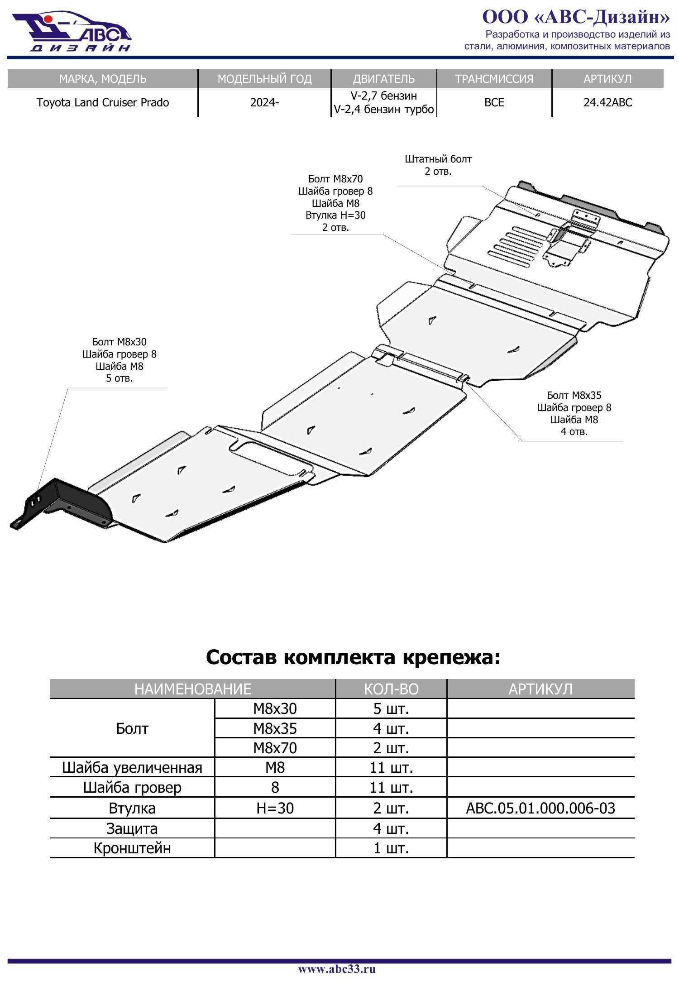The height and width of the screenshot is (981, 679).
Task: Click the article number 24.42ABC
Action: (x=607, y=102)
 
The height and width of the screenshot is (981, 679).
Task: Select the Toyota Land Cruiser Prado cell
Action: (x=103, y=102)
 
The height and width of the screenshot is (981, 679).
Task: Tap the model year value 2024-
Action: (x=264, y=102)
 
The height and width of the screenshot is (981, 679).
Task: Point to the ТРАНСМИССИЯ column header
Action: (x=494, y=79)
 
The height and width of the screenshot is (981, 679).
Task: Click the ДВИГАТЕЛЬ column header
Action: (x=384, y=79)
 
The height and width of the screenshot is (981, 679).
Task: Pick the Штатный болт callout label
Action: (x=438, y=159)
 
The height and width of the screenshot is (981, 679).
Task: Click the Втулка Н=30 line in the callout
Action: (x=335, y=215)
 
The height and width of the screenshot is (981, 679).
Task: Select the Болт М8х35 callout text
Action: (x=574, y=395)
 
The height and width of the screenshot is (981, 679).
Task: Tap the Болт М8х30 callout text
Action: (x=119, y=342)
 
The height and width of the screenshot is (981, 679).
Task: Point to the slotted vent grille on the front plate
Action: (x=516, y=244)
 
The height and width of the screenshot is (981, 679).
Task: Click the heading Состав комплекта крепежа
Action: (x=353, y=657)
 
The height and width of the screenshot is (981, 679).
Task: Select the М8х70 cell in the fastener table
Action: (x=275, y=748)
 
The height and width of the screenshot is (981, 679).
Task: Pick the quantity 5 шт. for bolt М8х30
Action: (x=391, y=708)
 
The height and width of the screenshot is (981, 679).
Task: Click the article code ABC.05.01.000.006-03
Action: (x=540, y=808)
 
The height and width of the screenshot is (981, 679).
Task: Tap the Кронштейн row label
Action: (x=132, y=848)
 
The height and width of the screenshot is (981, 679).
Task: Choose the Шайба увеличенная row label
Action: (x=132, y=767)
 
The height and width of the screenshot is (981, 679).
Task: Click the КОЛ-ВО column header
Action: (x=391, y=689)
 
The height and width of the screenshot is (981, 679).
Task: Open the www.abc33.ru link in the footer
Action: (x=337, y=969)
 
